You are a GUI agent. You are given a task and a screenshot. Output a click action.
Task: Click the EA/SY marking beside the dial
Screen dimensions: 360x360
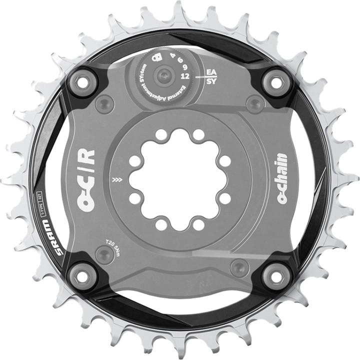211,76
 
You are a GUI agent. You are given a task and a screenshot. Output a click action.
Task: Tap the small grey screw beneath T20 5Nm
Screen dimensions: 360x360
104,255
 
